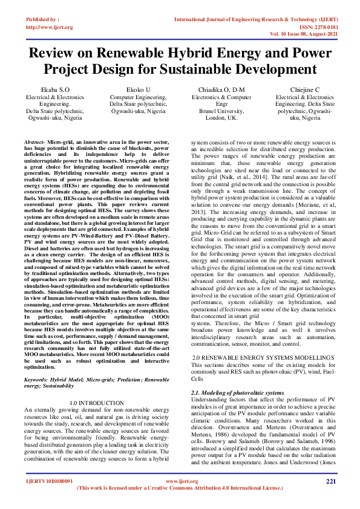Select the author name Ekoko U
tap(138, 89)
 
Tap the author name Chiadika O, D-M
tap(221, 89)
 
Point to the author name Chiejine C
tap(304, 89)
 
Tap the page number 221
tap(330, 481)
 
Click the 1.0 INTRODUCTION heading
tap(97, 402)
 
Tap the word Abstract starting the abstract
tap(34, 141)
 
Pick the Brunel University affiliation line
tap(221, 111)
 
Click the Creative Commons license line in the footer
tap(180, 488)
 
